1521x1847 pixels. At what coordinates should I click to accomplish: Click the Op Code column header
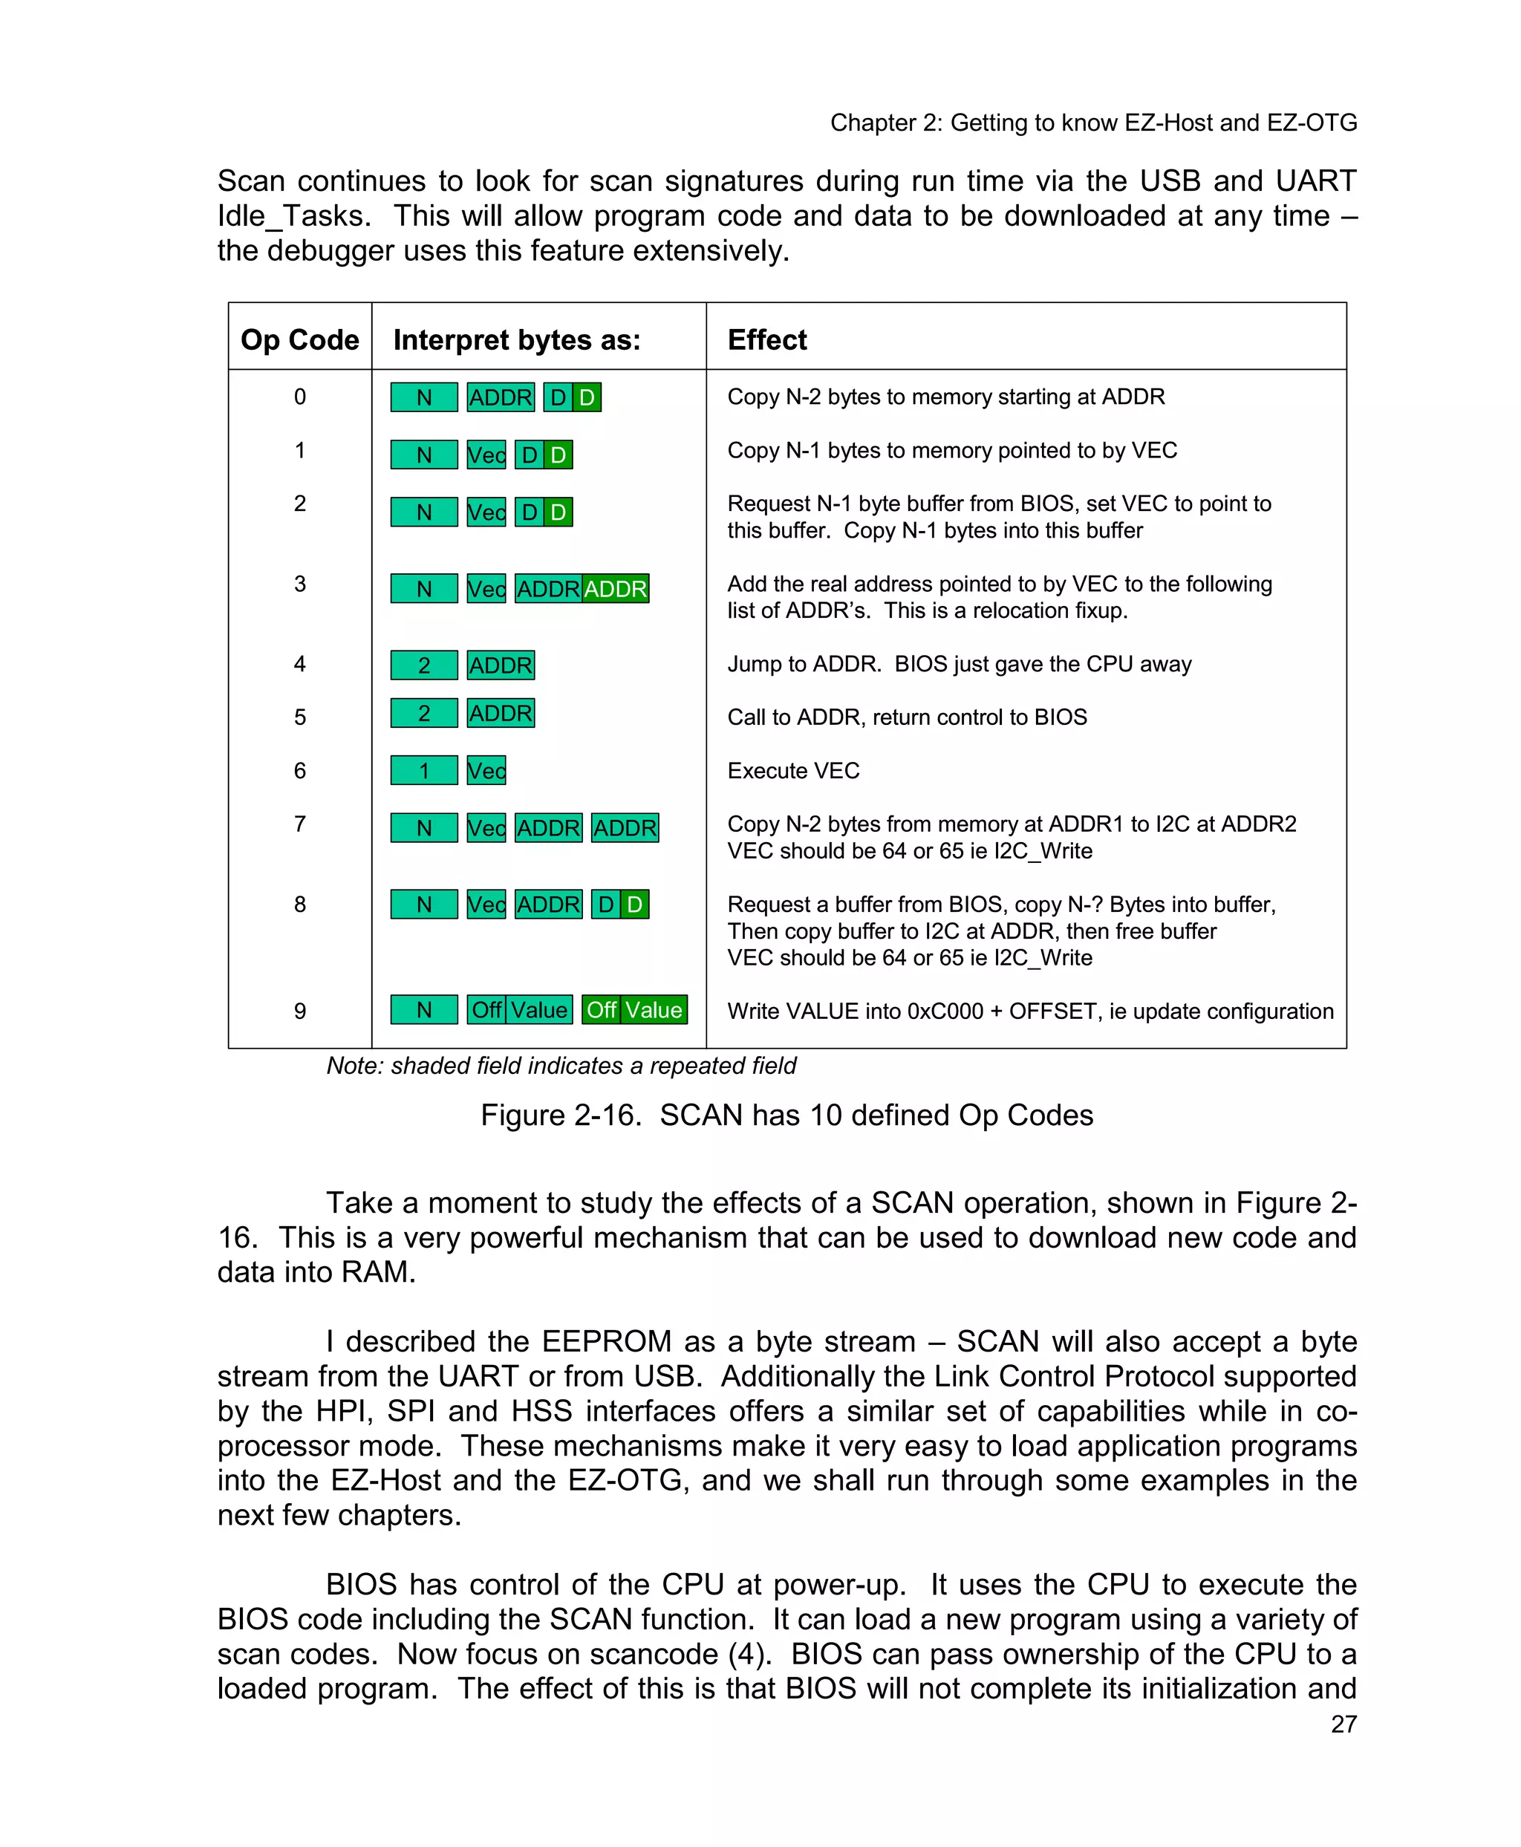tap(299, 340)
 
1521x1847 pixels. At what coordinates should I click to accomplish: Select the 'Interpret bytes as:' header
tap(516, 340)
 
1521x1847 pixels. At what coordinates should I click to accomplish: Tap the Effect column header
tap(766, 340)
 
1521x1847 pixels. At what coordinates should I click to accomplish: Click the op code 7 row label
tap(299, 824)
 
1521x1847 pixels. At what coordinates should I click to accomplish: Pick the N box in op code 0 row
tap(424, 398)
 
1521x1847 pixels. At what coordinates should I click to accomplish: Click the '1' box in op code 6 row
tap(424, 770)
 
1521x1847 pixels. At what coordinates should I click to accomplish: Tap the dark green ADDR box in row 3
tap(615, 589)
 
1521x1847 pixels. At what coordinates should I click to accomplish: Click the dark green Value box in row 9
tap(654, 1009)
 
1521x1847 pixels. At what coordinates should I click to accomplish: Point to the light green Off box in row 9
tap(486, 1009)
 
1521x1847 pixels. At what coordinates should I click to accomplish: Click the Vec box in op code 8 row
tap(486, 905)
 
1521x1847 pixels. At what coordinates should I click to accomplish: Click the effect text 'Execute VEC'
tap(793, 770)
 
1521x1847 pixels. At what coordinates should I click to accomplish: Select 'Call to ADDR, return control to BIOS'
tap(907, 717)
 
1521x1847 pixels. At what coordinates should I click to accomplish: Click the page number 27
tap(1344, 1724)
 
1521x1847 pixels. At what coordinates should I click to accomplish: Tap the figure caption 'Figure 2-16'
tap(560, 1115)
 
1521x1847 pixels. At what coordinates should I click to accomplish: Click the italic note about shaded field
tap(561, 1066)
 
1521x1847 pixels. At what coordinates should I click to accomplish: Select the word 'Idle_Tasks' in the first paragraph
tap(292, 215)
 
